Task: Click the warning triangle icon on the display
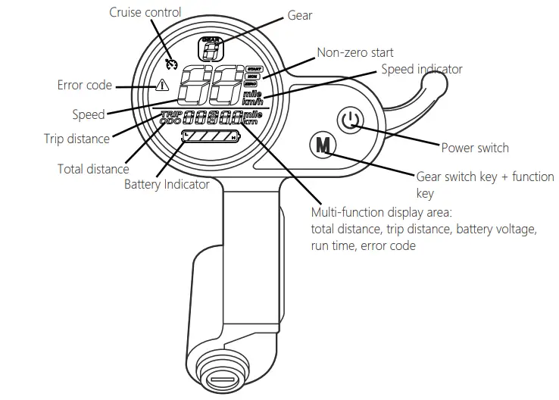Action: (x=162, y=86)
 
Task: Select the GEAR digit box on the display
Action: (x=212, y=49)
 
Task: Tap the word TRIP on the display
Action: (x=171, y=115)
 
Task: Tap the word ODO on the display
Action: (x=172, y=122)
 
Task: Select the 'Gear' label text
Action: (x=300, y=15)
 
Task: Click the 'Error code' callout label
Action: (x=84, y=85)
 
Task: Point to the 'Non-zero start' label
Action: (x=354, y=52)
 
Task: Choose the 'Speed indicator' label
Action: (x=421, y=70)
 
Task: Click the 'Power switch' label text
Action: (x=475, y=148)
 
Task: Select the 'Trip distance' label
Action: (x=77, y=139)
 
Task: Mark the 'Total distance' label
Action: (x=93, y=169)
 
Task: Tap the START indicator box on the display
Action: (x=252, y=67)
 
